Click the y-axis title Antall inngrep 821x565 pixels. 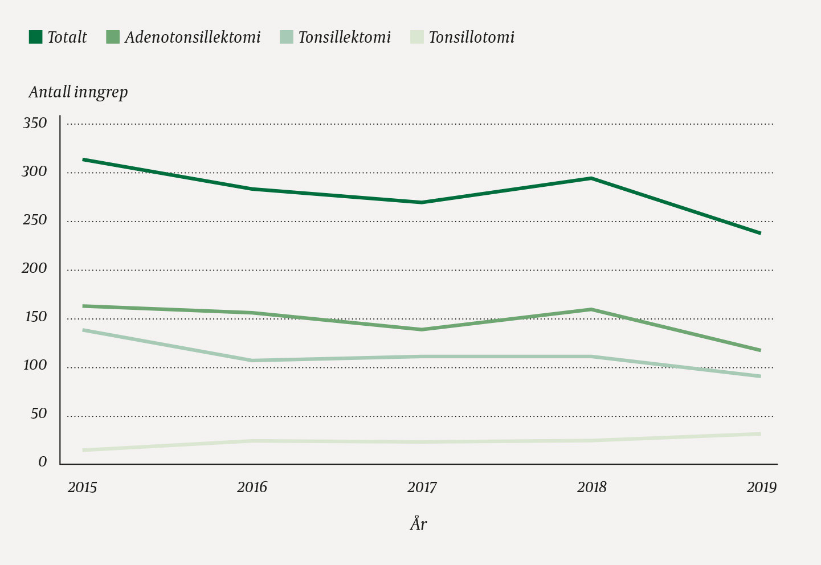coord(78,92)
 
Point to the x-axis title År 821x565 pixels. coord(418,524)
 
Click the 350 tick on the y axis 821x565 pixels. coord(35,123)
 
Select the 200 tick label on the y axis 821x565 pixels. coord(35,268)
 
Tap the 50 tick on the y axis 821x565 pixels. coord(39,414)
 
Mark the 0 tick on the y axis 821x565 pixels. coord(43,462)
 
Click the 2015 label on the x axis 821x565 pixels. coord(83,488)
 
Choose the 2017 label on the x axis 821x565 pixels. coord(422,488)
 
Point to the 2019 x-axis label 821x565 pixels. coord(761,488)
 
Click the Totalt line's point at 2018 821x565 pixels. coord(592,178)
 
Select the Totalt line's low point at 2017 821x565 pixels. coord(422,202)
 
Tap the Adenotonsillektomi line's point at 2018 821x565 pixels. coord(592,309)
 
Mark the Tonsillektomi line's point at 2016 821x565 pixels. coord(252,361)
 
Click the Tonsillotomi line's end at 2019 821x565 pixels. coord(760,434)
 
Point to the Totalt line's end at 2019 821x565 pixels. coord(760,233)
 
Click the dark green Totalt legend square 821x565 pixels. coord(36,38)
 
